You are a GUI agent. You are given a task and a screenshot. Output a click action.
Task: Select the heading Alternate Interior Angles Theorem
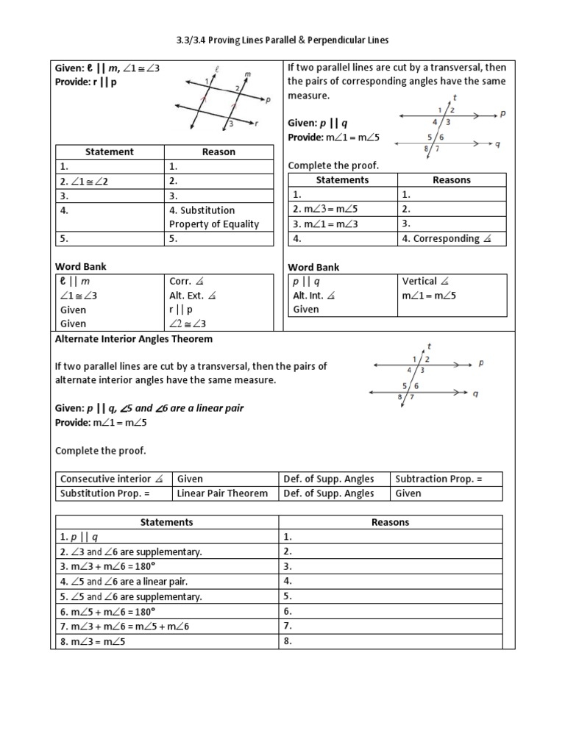134,339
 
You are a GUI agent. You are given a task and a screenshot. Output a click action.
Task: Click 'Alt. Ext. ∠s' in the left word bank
193,295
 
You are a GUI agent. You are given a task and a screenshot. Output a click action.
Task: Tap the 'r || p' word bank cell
181,310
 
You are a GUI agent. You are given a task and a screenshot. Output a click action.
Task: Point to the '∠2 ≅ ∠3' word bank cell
188,324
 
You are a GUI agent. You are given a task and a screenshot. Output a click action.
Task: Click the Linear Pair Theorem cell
223,493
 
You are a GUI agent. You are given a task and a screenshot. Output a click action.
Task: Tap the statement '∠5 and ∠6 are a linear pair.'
121,581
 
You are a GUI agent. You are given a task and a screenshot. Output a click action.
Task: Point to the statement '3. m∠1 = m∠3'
325,224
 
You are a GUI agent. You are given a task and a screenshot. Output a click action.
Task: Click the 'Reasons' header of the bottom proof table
390,522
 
